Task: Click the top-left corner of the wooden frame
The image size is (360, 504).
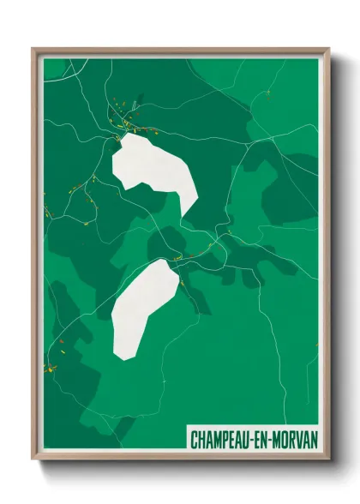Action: pos(33,50)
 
